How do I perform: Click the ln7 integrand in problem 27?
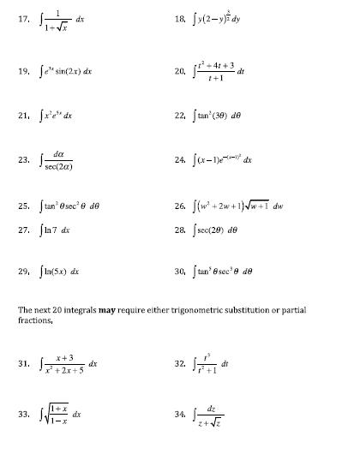pos(57,231)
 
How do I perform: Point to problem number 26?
pos(181,206)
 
